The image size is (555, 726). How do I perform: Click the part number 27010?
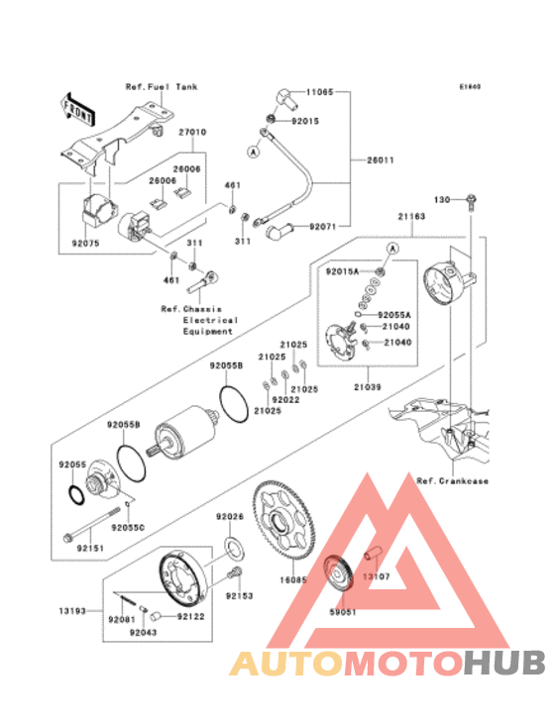point(192,132)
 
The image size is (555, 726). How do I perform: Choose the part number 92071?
point(323,227)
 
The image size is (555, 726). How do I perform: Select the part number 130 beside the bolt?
point(442,200)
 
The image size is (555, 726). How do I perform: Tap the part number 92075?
point(86,238)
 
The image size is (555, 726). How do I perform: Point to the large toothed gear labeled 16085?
point(281,517)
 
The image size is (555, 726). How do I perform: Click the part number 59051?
point(343,612)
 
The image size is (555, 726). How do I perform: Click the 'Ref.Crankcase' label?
point(452,481)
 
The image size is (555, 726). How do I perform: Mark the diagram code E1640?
point(469,86)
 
